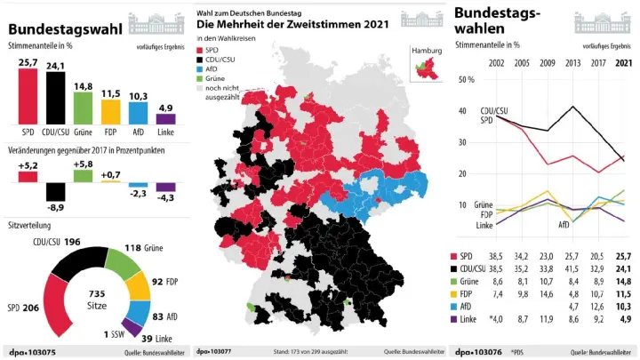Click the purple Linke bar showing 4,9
165,118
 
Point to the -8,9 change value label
55,206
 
